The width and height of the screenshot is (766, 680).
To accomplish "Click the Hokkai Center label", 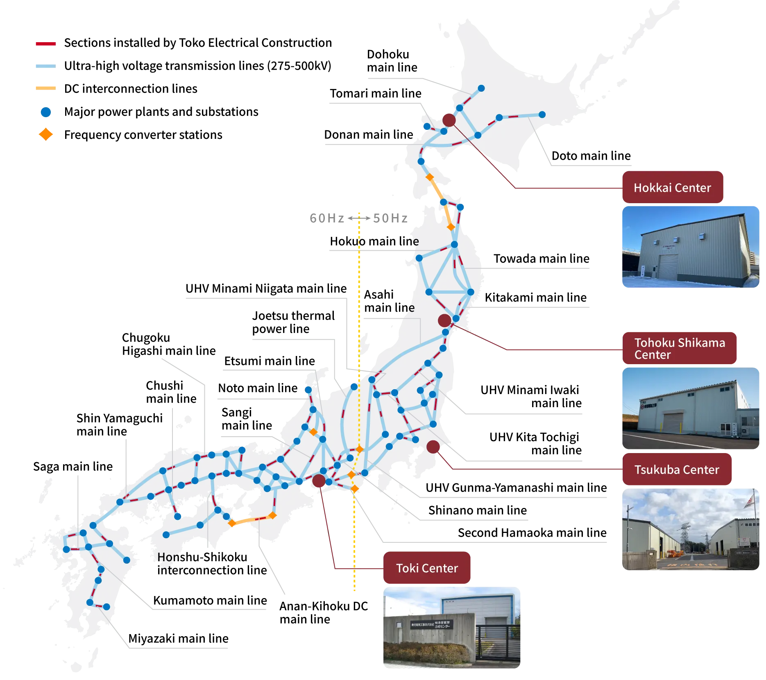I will (x=672, y=188).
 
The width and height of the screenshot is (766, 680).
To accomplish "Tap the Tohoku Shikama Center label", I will (x=680, y=348).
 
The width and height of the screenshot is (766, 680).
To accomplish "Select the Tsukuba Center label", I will (x=677, y=469).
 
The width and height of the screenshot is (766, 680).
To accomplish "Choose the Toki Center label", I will (x=427, y=568).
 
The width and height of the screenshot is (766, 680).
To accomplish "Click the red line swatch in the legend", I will (x=45, y=43).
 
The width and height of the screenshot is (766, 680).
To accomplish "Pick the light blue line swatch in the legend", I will (x=44, y=66).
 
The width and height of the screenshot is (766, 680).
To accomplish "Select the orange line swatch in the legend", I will (x=44, y=88).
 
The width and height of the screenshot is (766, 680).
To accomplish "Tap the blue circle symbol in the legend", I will (x=45, y=112).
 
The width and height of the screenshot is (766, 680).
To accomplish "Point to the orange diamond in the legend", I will (x=45, y=134).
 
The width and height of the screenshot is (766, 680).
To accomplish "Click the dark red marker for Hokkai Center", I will (x=449, y=120).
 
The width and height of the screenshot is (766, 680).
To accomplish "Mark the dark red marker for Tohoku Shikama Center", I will (x=444, y=320).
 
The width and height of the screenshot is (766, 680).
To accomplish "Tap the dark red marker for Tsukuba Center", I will (x=433, y=447).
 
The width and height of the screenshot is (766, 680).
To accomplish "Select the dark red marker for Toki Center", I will (x=319, y=481).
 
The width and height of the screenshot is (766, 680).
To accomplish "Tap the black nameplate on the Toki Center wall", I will (x=431, y=625).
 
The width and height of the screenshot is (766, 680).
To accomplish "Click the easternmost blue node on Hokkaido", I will (x=542, y=115).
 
